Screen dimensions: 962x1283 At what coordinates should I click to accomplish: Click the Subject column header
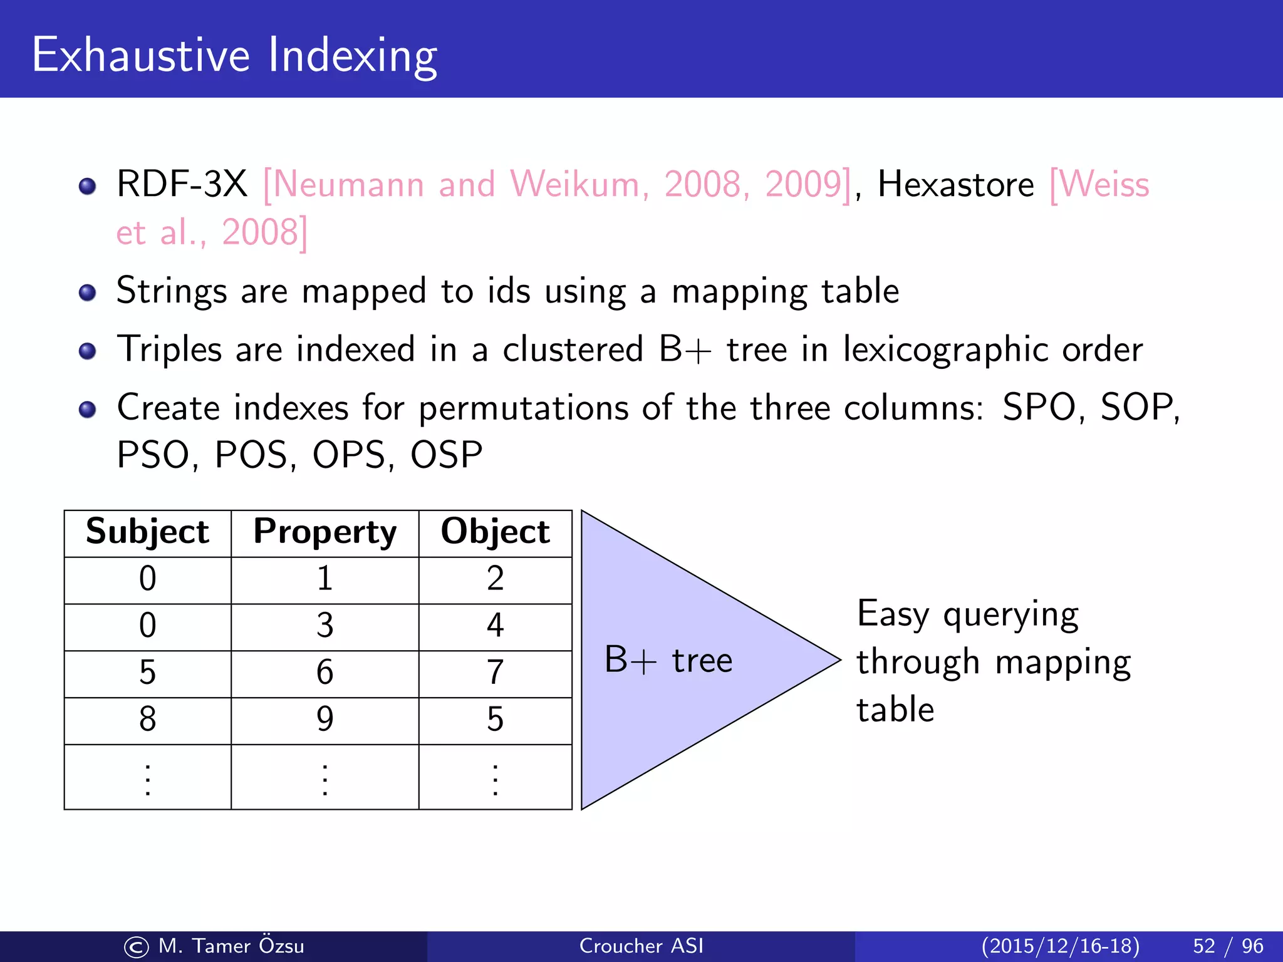click(x=147, y=532)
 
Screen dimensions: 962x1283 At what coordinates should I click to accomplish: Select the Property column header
click(x=325, y=532)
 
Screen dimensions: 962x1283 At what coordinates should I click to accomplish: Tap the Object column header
click(x=495, y=532)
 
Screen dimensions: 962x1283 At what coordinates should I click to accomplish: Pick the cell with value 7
click(x=495, y=673)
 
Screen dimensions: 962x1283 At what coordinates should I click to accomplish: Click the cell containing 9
click(x=325, y=720)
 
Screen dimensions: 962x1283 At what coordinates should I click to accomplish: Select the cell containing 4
click(x=495, y=626)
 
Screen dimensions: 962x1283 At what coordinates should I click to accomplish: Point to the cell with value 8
click(x=147, y=720)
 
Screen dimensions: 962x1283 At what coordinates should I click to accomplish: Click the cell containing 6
click(x=325, y=673)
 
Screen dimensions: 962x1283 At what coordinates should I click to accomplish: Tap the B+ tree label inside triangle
click(x=668, y=660)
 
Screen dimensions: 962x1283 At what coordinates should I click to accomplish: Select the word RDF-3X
click(x=182, y=185)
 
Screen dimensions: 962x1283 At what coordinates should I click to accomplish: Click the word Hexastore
click(x=955, y=185)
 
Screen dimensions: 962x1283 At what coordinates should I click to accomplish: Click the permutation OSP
click(x=446, y=455)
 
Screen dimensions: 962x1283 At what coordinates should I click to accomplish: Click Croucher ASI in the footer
click(x=641, y=946)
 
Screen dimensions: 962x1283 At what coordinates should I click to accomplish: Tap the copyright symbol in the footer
click(x=137, y=947)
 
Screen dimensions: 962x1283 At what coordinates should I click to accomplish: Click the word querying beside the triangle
click(x=1010, y=615)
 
